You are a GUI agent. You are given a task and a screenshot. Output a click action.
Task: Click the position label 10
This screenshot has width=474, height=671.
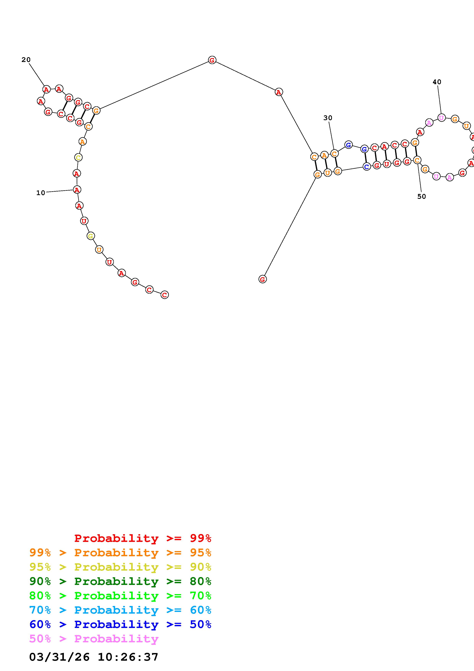(x=41, y=193)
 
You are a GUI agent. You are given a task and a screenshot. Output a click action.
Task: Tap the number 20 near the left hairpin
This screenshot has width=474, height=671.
(x=26, y=60)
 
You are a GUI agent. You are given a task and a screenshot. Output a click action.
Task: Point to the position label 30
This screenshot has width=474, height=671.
(x=328, y=118)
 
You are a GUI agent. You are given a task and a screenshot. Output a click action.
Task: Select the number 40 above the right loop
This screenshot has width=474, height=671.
(x=437, y=82)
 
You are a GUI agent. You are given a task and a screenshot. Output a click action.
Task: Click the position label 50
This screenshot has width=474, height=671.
(x=421, y=197)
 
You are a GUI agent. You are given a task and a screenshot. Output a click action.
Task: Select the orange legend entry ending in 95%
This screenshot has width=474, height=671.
(x=120, y=553)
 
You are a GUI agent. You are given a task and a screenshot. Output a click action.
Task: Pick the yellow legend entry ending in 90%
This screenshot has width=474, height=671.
(x=120, y=567)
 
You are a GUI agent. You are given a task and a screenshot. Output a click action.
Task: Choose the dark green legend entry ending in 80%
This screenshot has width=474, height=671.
(x=120, y=581)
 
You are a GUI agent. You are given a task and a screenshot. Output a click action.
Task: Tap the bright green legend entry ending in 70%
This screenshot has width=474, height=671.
(x=120, y=596)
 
